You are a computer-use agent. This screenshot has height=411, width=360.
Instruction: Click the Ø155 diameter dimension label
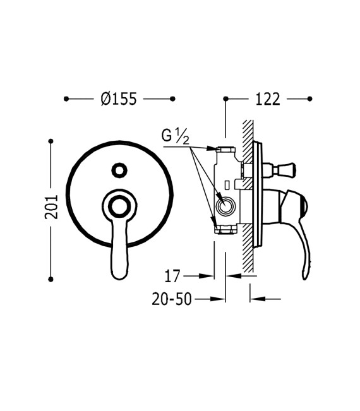click(119, 99)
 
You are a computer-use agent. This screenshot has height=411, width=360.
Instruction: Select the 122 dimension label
click(268, 99)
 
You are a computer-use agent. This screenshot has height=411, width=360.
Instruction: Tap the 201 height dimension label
click(51, 207)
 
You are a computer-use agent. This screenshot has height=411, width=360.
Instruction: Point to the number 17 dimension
click(172, 276)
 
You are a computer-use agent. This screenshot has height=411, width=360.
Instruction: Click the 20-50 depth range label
click(172, 299)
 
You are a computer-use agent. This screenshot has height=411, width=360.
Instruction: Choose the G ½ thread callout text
click(175, 136)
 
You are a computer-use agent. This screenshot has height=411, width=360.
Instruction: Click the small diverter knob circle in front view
click(119, 170)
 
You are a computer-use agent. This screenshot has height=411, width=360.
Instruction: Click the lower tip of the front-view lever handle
click(120, 278)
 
